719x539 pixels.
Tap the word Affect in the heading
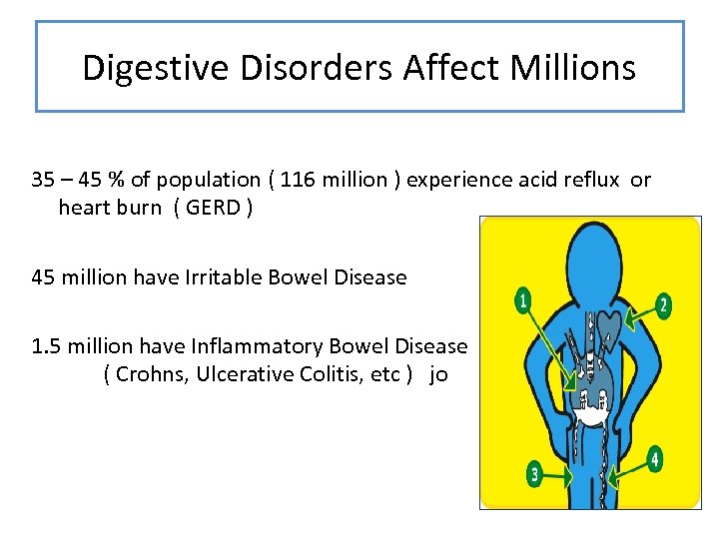click(451, 68)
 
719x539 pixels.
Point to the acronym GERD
click(213, 208)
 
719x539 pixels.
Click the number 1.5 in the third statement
click(48, 346)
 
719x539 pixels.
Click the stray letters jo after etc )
click(438, 375)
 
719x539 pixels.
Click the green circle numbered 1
click(521, 299)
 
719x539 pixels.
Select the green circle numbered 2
click(663, 305)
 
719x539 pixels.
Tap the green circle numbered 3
click(535, 473)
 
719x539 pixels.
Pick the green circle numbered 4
click(655, 459)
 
